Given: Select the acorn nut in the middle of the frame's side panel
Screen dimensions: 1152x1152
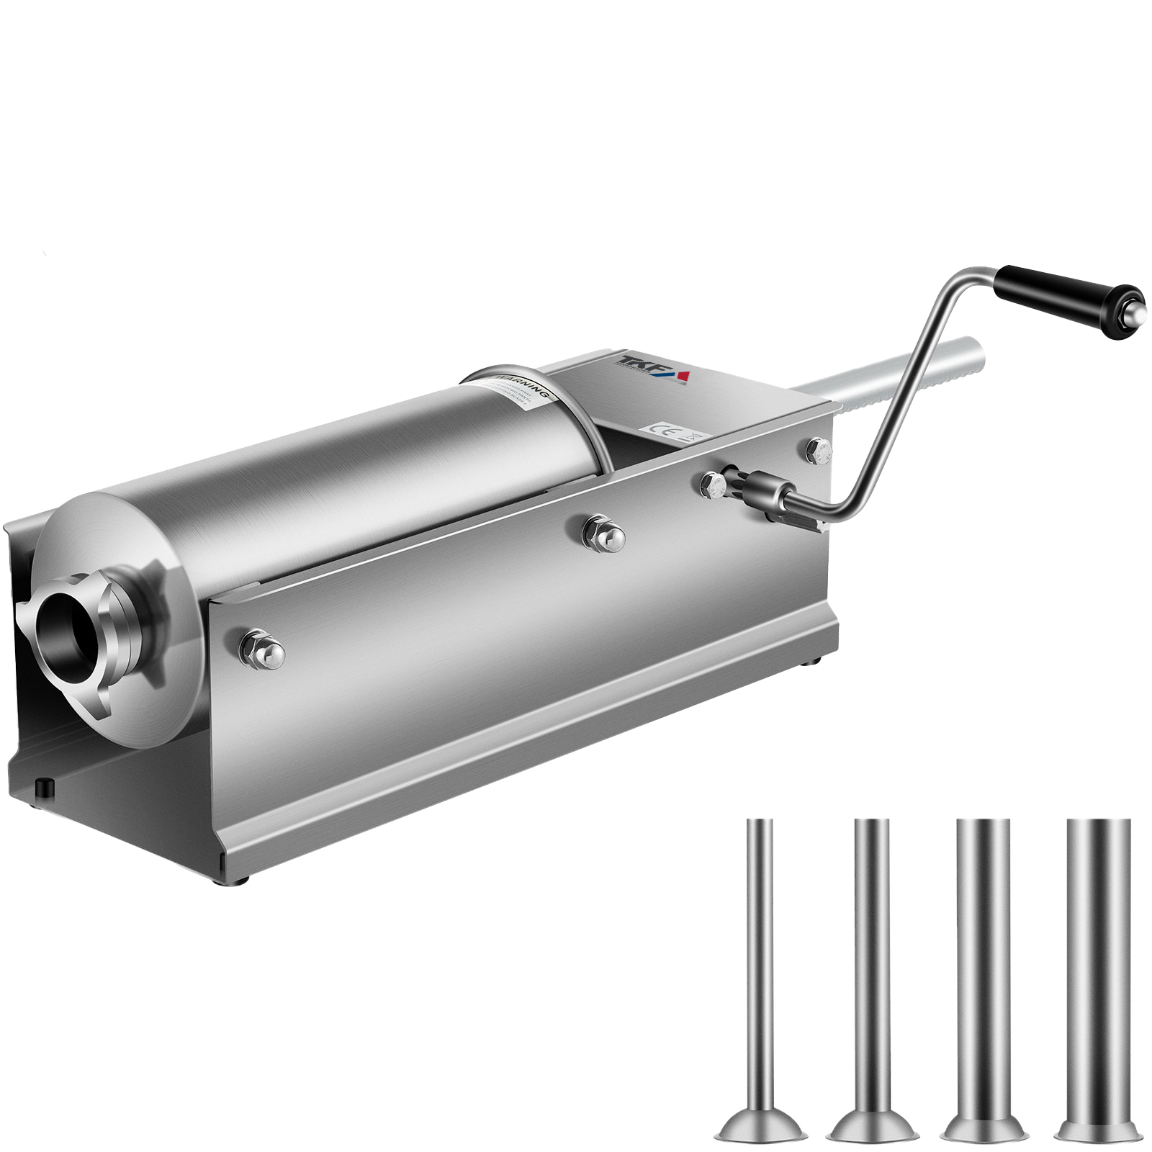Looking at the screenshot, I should (x=603, y=533).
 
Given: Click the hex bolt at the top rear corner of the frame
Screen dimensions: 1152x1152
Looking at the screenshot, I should (x=819, y=451).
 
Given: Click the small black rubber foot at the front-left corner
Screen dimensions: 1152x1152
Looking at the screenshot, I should (x=45, y=786).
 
